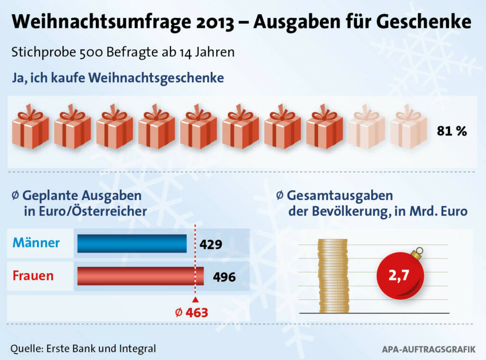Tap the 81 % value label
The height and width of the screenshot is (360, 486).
point(452,132)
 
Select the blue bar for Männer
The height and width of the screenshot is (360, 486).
point(132,244)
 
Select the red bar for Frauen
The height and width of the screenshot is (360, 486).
point(140,276)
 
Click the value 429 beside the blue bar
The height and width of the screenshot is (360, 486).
point(211,245)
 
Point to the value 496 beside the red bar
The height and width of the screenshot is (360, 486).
point(224,277)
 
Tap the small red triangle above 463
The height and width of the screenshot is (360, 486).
point(195,300)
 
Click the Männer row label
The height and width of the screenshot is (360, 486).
point(36,243)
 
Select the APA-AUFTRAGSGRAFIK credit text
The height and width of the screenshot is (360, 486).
point(429,350)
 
